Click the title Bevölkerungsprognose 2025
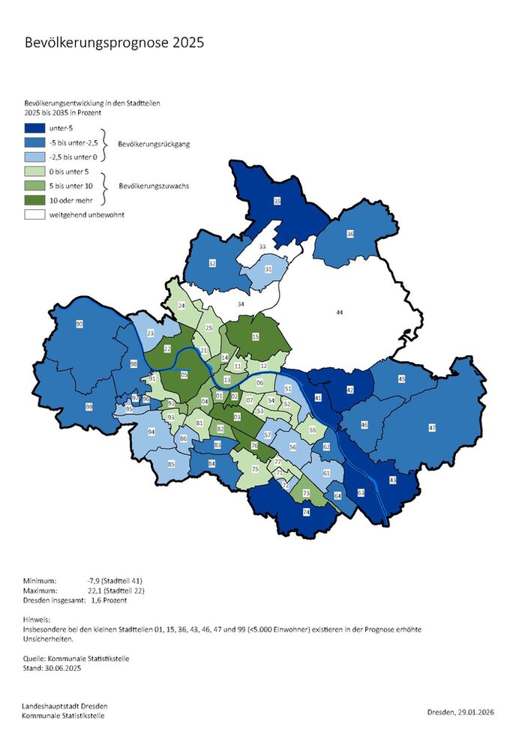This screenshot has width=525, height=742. point(114,43)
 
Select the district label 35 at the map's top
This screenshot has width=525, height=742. point(277,202)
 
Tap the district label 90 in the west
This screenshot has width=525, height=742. point(79,324)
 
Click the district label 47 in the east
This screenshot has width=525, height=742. point(432,427)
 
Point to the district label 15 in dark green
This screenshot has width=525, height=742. point(256,338)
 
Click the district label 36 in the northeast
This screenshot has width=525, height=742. point(349,235)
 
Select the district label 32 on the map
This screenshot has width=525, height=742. point(212,264)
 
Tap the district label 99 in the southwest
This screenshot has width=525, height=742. point(88,406)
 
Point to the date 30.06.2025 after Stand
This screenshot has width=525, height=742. point(63,668)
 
